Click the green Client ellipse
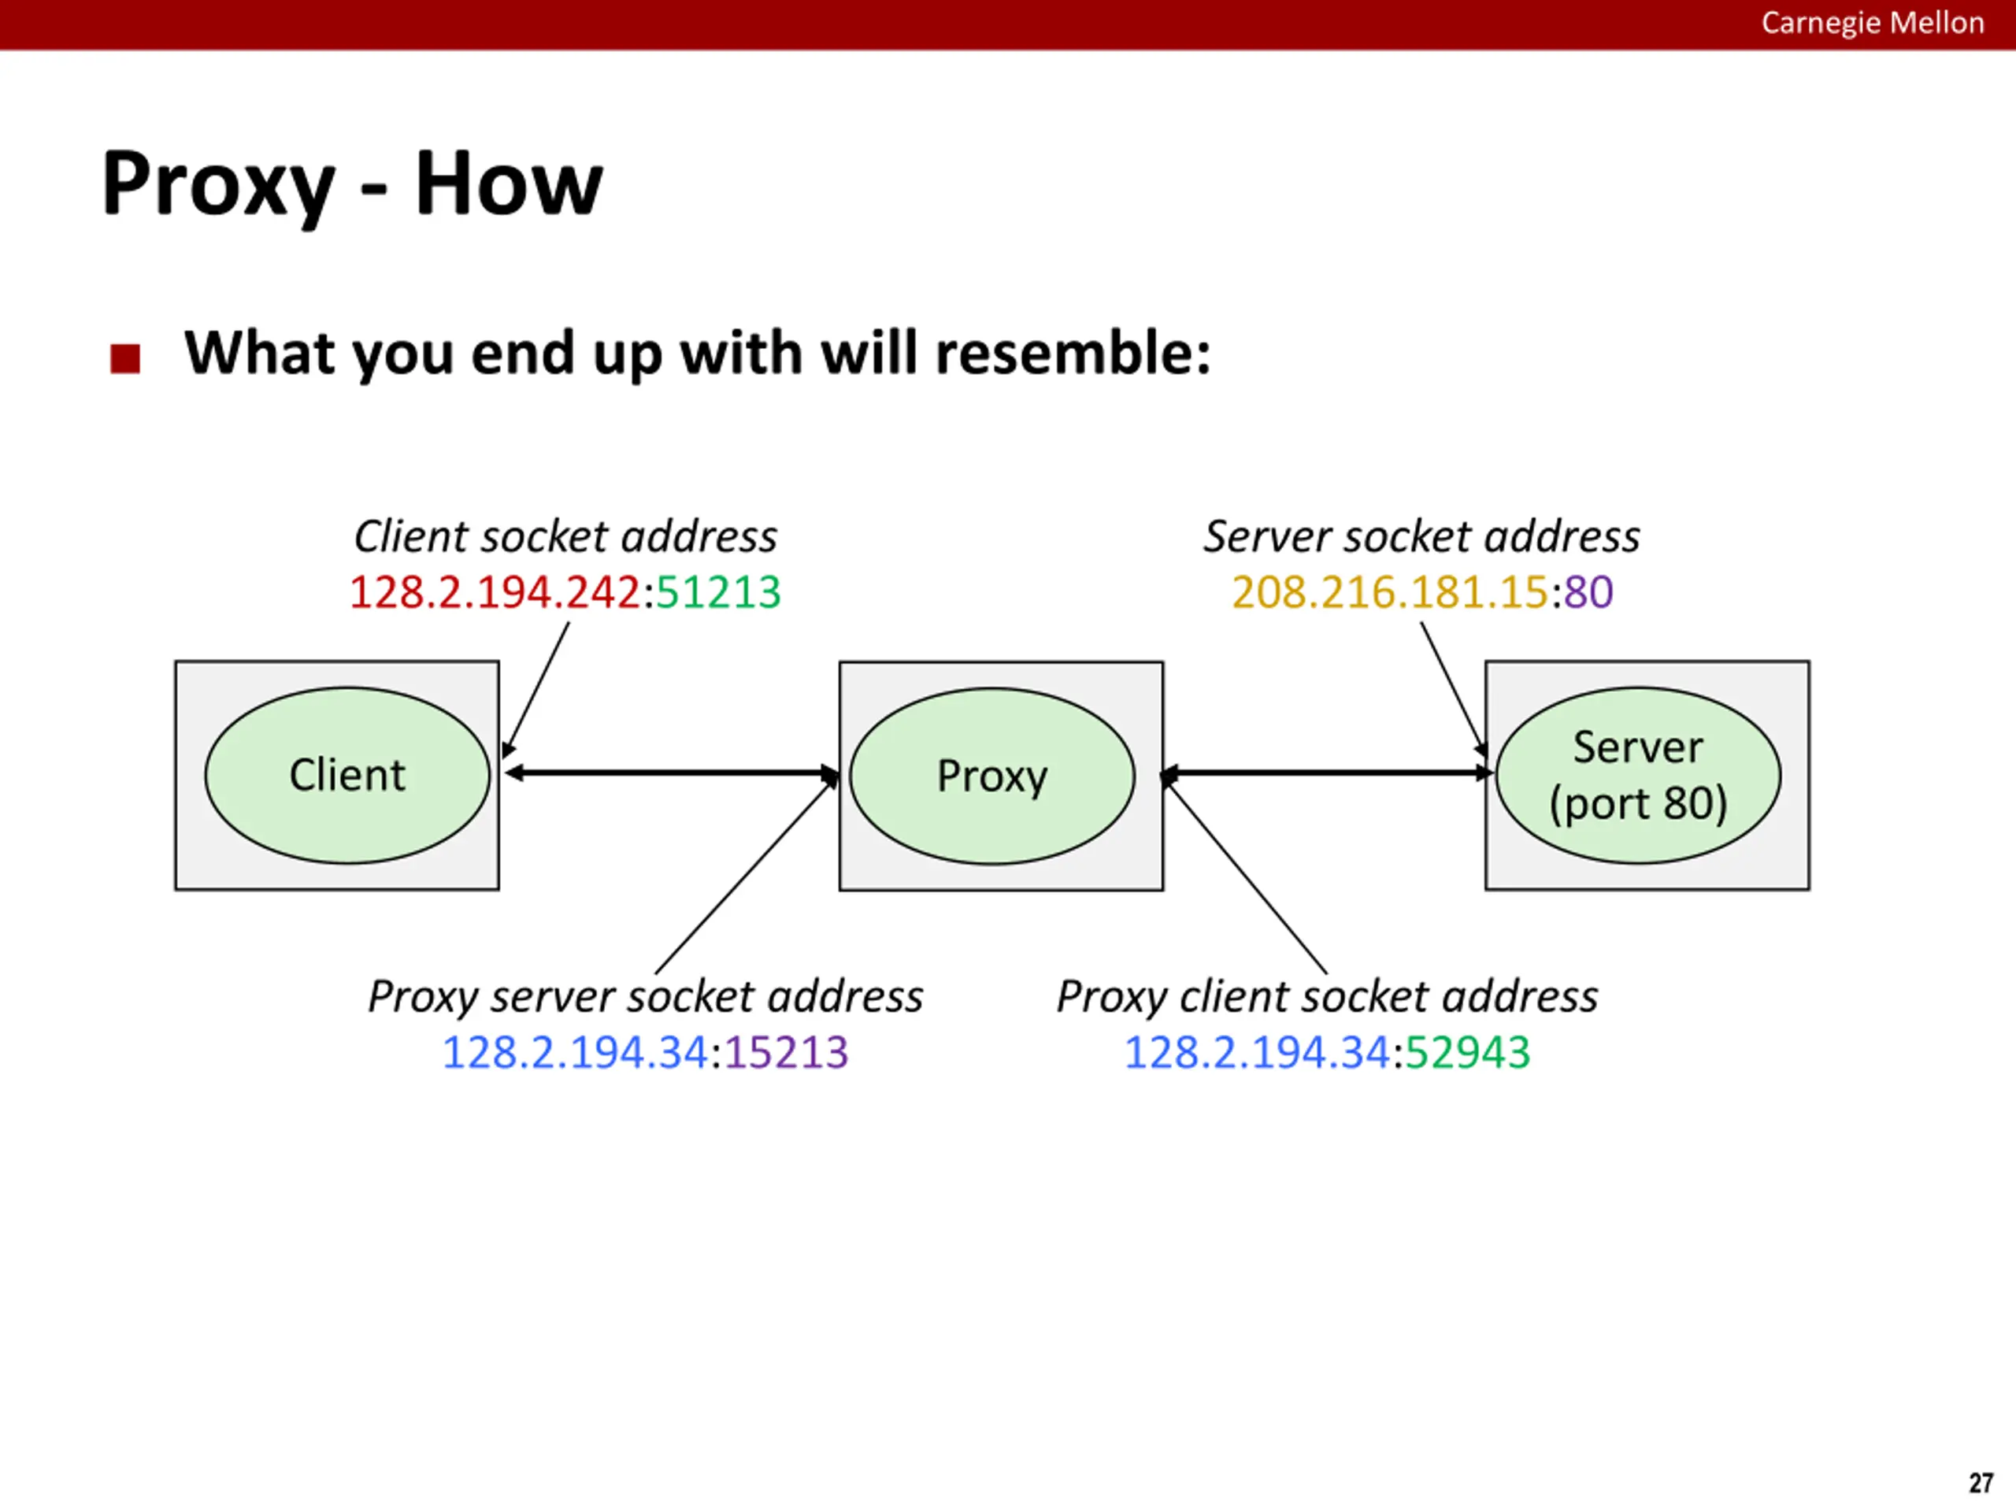pyautogui.click(x=347, y=775)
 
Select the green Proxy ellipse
pyautogui.click(x=992, y=776)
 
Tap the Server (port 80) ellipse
pyautogui.click(x=1638, y=775)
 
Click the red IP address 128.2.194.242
pyautogui.click(x=495, y=592)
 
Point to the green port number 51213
pyautogui.click(x=718, y=592)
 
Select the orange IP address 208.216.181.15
pyautogui.click(x=1390, y=592)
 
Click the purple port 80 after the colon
pyautogui.click(x=1588, y=592)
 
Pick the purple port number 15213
pyautogui.click(x=787, y=1053)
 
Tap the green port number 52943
pyautogui.click(x=1467, y=1053)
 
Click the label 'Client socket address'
pyautogui.click(x=565, y=536)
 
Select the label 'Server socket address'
pyautogui.click(x=1421, y=536)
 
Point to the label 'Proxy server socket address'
pyautogui.click(x=645, y=997)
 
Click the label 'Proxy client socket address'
pyautogui.click(x=1327, y=997)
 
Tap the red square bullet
pyautogui.click(x=125, y=358)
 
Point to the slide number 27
pyautogui.click(x=1981, y=1483)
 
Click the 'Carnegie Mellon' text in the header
pyautogui.click(x=1872, y=23)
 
